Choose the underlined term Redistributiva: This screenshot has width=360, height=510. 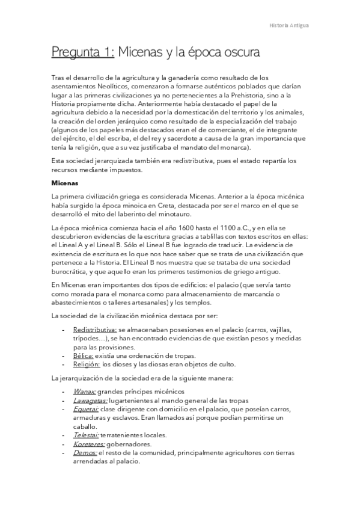94,330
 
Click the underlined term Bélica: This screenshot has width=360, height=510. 83,355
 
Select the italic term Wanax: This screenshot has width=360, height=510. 84,392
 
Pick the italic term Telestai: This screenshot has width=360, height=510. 87,435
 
